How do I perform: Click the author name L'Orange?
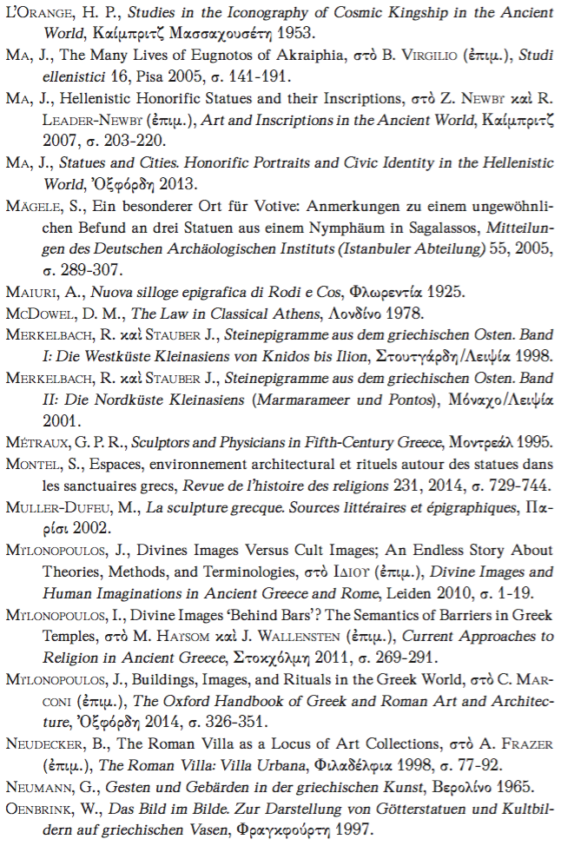click(x=40, y=12)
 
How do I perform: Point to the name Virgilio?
click(x=419, y=56)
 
